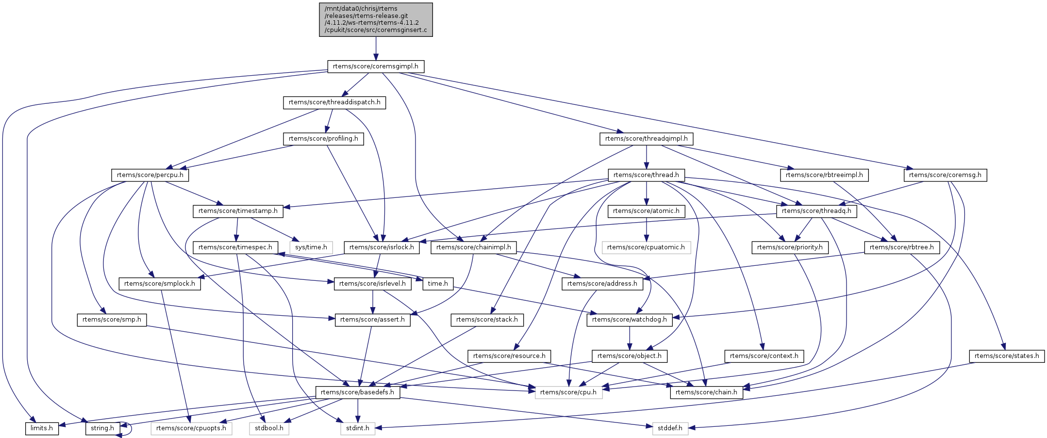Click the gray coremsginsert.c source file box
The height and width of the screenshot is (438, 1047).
coord(376,19)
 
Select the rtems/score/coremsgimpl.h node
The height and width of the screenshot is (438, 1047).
coord(376,66)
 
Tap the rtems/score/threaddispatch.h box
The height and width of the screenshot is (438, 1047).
coord(334,103)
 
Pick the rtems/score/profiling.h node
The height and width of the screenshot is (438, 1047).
coord(323,139)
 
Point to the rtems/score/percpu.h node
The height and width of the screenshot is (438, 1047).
coord(150,175)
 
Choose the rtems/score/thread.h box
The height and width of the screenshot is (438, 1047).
coord(646,175)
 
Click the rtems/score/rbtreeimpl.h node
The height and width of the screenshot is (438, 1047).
coord(824,175)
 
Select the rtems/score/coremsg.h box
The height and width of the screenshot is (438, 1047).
coord(945,175)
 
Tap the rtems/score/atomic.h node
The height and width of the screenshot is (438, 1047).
coord(646,211)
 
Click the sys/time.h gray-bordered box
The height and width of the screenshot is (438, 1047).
coord(311,247)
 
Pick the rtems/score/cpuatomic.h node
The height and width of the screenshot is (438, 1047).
coord(646,247)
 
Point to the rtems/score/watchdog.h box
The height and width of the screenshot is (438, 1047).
coord(630,320)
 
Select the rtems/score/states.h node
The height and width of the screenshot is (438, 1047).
coord(1007,356)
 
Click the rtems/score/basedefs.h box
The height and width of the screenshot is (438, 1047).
coord(358,392)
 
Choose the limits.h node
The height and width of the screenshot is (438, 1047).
coord(42,428)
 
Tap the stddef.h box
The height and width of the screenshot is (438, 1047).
coord(670,428)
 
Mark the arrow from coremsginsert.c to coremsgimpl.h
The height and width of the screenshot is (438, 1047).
coord(376,49)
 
